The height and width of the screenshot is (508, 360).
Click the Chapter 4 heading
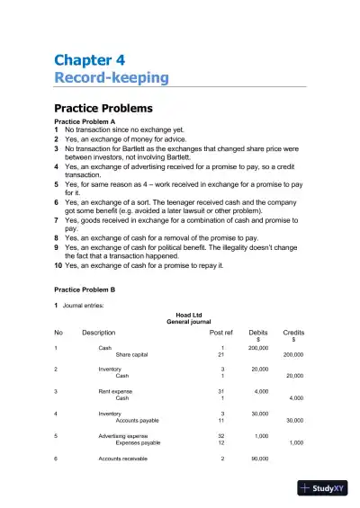(89, 60)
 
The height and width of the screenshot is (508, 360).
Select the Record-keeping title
(112, 78)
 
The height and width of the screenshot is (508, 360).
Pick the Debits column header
(258, 333)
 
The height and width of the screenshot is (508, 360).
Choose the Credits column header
(293, 333)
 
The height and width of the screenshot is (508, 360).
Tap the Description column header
(99, 333)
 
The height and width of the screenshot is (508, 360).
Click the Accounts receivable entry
(124, 459)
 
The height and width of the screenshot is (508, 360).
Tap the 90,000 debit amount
(259, 459)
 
